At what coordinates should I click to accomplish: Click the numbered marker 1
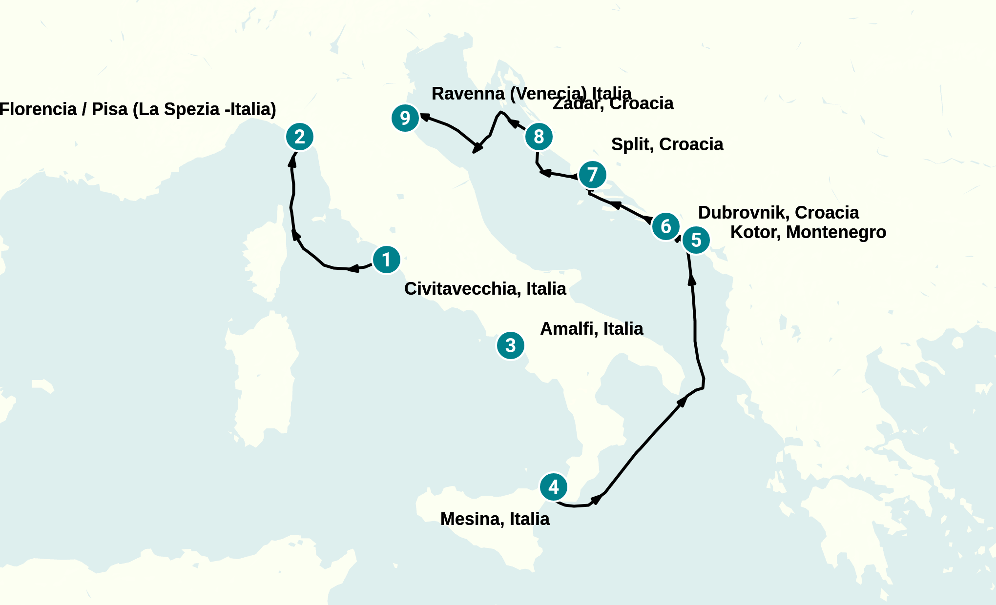click(386, 260)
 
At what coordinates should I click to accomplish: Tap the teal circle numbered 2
click(299, 137)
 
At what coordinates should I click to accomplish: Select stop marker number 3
click(510, 345)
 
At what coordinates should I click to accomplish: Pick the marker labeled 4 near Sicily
click(553, 486)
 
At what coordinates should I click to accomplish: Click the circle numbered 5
click(696, 240)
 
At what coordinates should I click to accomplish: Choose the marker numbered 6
click(665, 226)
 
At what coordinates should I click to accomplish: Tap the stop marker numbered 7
click(592, 175)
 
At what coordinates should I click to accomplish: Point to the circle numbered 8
click(539, 137)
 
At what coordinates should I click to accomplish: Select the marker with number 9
click(405, 118)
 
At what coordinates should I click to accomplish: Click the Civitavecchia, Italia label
click(485, 289)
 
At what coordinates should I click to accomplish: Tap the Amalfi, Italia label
click(591, 329)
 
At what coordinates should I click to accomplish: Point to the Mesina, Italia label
click(495, 519)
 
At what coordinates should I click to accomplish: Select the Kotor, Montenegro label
click(808, 232)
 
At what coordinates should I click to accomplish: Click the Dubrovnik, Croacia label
click(778, 213)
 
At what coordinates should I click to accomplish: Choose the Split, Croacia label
click(667, 144)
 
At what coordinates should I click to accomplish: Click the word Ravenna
click(468, 94)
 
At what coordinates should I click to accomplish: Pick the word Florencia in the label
click(38, 109)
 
